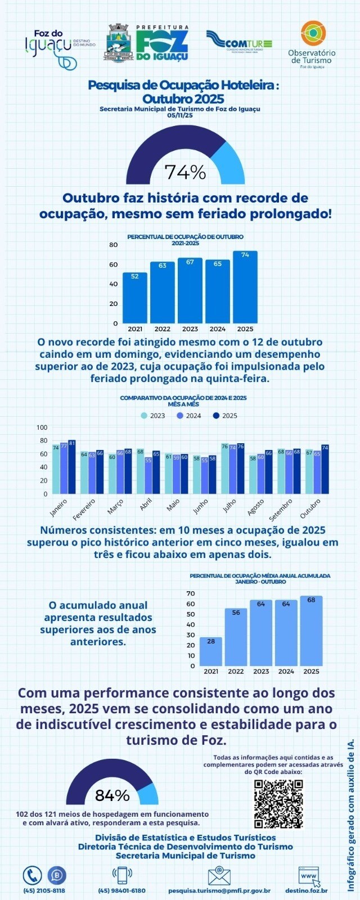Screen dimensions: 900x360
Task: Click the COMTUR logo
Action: [240, 42]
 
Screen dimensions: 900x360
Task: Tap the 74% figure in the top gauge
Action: [185, 172]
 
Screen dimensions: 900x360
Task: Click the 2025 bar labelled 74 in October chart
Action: [245, 286]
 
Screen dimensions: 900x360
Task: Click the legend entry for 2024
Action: [189, 416]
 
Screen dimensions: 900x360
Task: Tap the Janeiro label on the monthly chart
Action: [58, 507]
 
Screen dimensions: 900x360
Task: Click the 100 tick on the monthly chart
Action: [42, 427]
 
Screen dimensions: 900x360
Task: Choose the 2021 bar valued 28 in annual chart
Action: [211, 651]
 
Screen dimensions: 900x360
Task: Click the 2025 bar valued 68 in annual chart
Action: [311, 631]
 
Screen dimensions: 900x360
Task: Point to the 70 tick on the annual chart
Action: [190, 593]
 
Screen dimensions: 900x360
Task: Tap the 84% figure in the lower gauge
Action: [112, 795]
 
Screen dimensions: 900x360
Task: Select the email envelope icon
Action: [219, 875]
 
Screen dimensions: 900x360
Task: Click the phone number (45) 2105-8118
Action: [44, 890]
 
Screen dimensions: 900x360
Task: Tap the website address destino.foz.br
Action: [307, 890]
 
